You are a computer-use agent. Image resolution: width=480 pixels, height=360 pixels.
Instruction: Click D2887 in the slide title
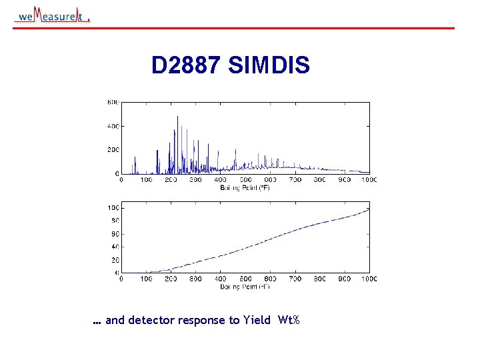[x=187, y=65]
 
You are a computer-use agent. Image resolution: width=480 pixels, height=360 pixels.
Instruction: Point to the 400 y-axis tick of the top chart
[x=113, y=126]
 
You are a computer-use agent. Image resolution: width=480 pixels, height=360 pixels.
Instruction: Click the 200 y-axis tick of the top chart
[x=113, y=150]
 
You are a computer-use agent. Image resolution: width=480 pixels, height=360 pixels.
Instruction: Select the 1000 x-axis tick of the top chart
[x=369, y=180]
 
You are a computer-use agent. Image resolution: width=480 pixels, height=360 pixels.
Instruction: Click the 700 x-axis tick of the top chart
[x=295, y=180]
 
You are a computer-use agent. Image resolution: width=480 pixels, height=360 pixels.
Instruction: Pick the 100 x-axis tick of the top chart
[x=145, y=180]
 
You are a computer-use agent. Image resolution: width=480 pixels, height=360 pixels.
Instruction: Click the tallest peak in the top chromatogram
[x=177, y=117]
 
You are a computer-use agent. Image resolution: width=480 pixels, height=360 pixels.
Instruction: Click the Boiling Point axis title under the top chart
[x=245, y=187]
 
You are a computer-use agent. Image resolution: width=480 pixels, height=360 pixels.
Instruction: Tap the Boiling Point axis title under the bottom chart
[x=245, y=286]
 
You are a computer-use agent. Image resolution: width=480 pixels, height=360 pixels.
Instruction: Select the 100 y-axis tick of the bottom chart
[x=113, y=207]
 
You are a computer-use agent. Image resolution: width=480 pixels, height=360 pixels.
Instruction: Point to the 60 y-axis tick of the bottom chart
[x=115, y=233]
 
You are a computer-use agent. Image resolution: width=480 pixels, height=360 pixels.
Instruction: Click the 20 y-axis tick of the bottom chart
[x=115, y=259]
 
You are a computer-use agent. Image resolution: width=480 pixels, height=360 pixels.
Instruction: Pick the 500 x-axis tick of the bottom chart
[x=245, y=279]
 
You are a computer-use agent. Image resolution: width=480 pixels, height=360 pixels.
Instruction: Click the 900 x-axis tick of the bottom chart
[x=344, y=279]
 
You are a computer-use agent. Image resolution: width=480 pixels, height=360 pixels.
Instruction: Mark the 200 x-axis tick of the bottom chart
[x=171, y=279]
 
